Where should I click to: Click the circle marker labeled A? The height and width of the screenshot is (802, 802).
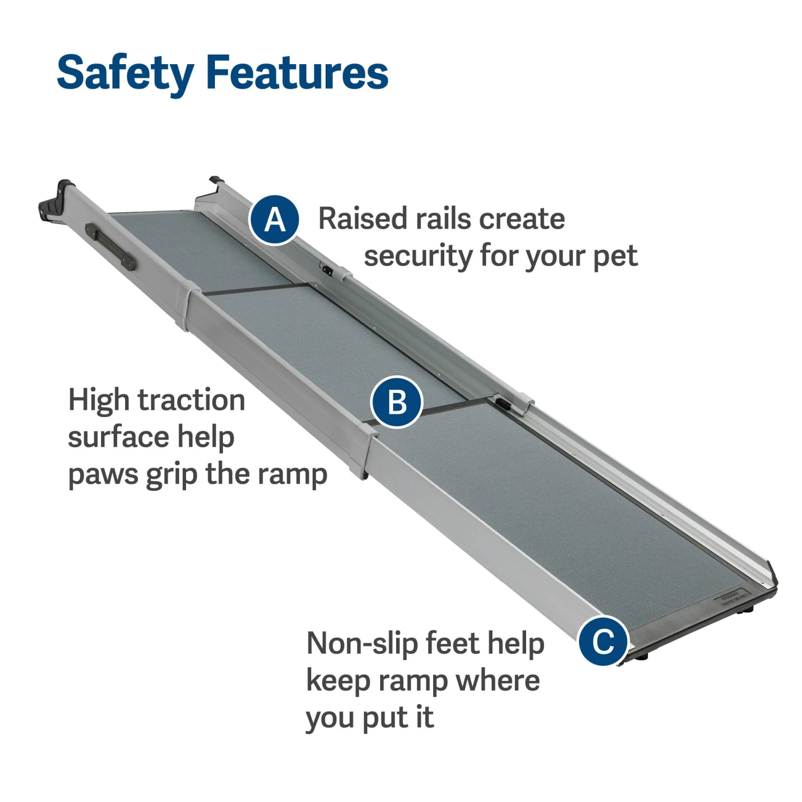pos(274,220)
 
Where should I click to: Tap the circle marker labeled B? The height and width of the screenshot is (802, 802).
pos(397,402)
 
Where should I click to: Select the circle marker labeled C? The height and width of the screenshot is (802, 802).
pos(604,641)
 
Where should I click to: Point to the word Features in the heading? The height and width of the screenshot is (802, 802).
pos(297,73)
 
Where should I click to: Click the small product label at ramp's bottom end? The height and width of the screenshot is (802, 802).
pos(730,598)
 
